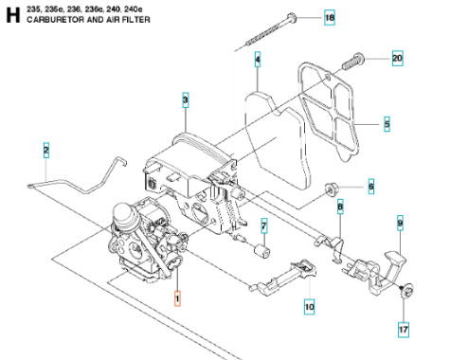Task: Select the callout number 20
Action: tap(397, 58)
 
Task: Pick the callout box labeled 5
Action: tap(387, 123)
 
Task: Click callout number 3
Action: tap(186, 99)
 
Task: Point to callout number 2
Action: tap(45, 149)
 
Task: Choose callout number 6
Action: tap(370, 187)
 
